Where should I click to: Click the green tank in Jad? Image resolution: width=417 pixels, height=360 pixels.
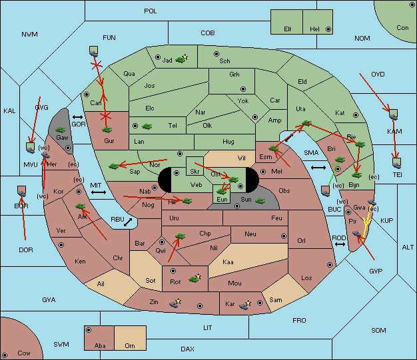pyautogui.click(x=181, y=60)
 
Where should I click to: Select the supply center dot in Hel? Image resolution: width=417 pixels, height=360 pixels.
pyautogui.click(x=328, y=29)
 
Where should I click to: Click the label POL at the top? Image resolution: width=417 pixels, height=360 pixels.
pyautogui.click(x=151, y=11)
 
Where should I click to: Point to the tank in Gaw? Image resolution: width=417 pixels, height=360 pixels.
pyautogui.click(x=61, y=130)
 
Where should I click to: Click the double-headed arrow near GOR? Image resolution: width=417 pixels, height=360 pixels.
pyautogui.click(x=77, y=117)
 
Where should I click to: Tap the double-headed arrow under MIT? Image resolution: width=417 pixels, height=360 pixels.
pyautogui.click(x=99, y=192)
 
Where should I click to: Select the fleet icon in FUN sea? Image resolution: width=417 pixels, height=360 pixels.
pyautogui.click(x=94, y=51)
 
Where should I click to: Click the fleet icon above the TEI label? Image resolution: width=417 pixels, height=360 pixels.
pyautogui.click(x=397, y=163)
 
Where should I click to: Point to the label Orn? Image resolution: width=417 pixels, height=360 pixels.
pyautogui.click(x=130, y=345)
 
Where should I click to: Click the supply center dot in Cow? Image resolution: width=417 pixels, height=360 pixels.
pyautogui.click(x=5, y=355)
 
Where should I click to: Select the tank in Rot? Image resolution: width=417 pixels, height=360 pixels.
pyautogui.click(x=194, y=279)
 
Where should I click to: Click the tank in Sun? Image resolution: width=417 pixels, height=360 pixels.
pyautogui.click(x=260, y=201)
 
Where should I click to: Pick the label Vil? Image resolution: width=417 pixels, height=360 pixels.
pyautogui.click(x=242, y=158)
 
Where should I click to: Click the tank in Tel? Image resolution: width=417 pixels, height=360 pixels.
pyautogui.click(x=147, y=126)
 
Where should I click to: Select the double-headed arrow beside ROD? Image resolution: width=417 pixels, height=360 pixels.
pyautogui.click(x=340, y=244)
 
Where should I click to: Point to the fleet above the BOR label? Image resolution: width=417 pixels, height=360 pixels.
pyautogui.click(x=21, y=191)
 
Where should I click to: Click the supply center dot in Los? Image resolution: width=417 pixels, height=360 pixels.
pyautogui.click(x=330, y=265)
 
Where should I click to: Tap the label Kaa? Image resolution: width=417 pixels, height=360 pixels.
pyautogui.click(x=228, y=262)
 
